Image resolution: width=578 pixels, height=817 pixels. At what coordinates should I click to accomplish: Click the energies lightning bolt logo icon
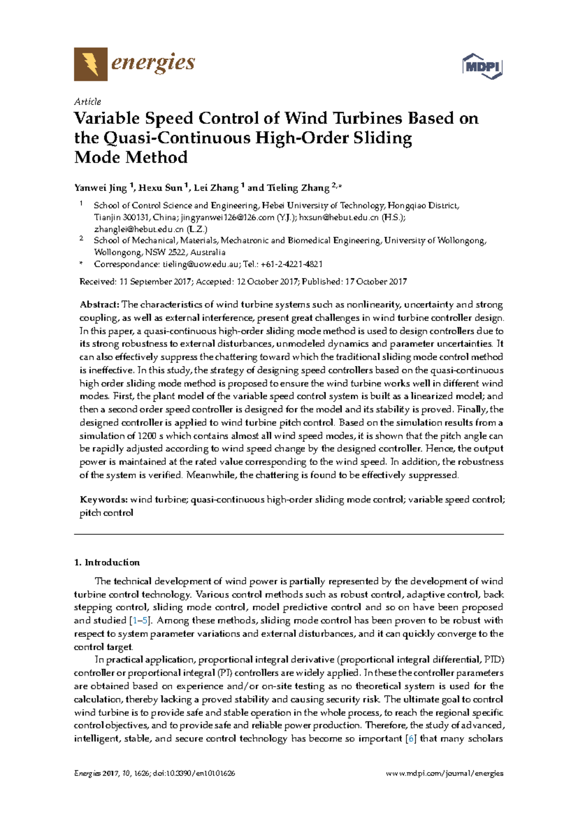tap(91, 64)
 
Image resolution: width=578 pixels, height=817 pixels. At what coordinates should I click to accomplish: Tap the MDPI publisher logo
tap(482, 66)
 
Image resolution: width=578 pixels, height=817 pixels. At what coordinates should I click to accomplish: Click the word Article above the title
tap(87, 102)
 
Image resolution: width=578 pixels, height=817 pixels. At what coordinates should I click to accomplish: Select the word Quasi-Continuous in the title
tap(177, 138)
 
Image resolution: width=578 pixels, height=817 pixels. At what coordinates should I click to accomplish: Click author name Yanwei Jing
tap(100, 188)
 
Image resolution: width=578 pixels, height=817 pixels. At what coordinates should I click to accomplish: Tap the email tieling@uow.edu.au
tap(200, 264)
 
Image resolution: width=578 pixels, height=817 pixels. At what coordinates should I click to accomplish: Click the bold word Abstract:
tap(99, 304)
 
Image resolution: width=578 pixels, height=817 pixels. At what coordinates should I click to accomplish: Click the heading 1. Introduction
tap(107, 562)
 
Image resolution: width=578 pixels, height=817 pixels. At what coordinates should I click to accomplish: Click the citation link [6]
tap(411, 738)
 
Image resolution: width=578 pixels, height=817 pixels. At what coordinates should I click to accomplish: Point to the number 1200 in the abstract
tap(147, 436)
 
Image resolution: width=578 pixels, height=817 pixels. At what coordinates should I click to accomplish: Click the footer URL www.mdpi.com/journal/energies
tap(445, 774)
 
